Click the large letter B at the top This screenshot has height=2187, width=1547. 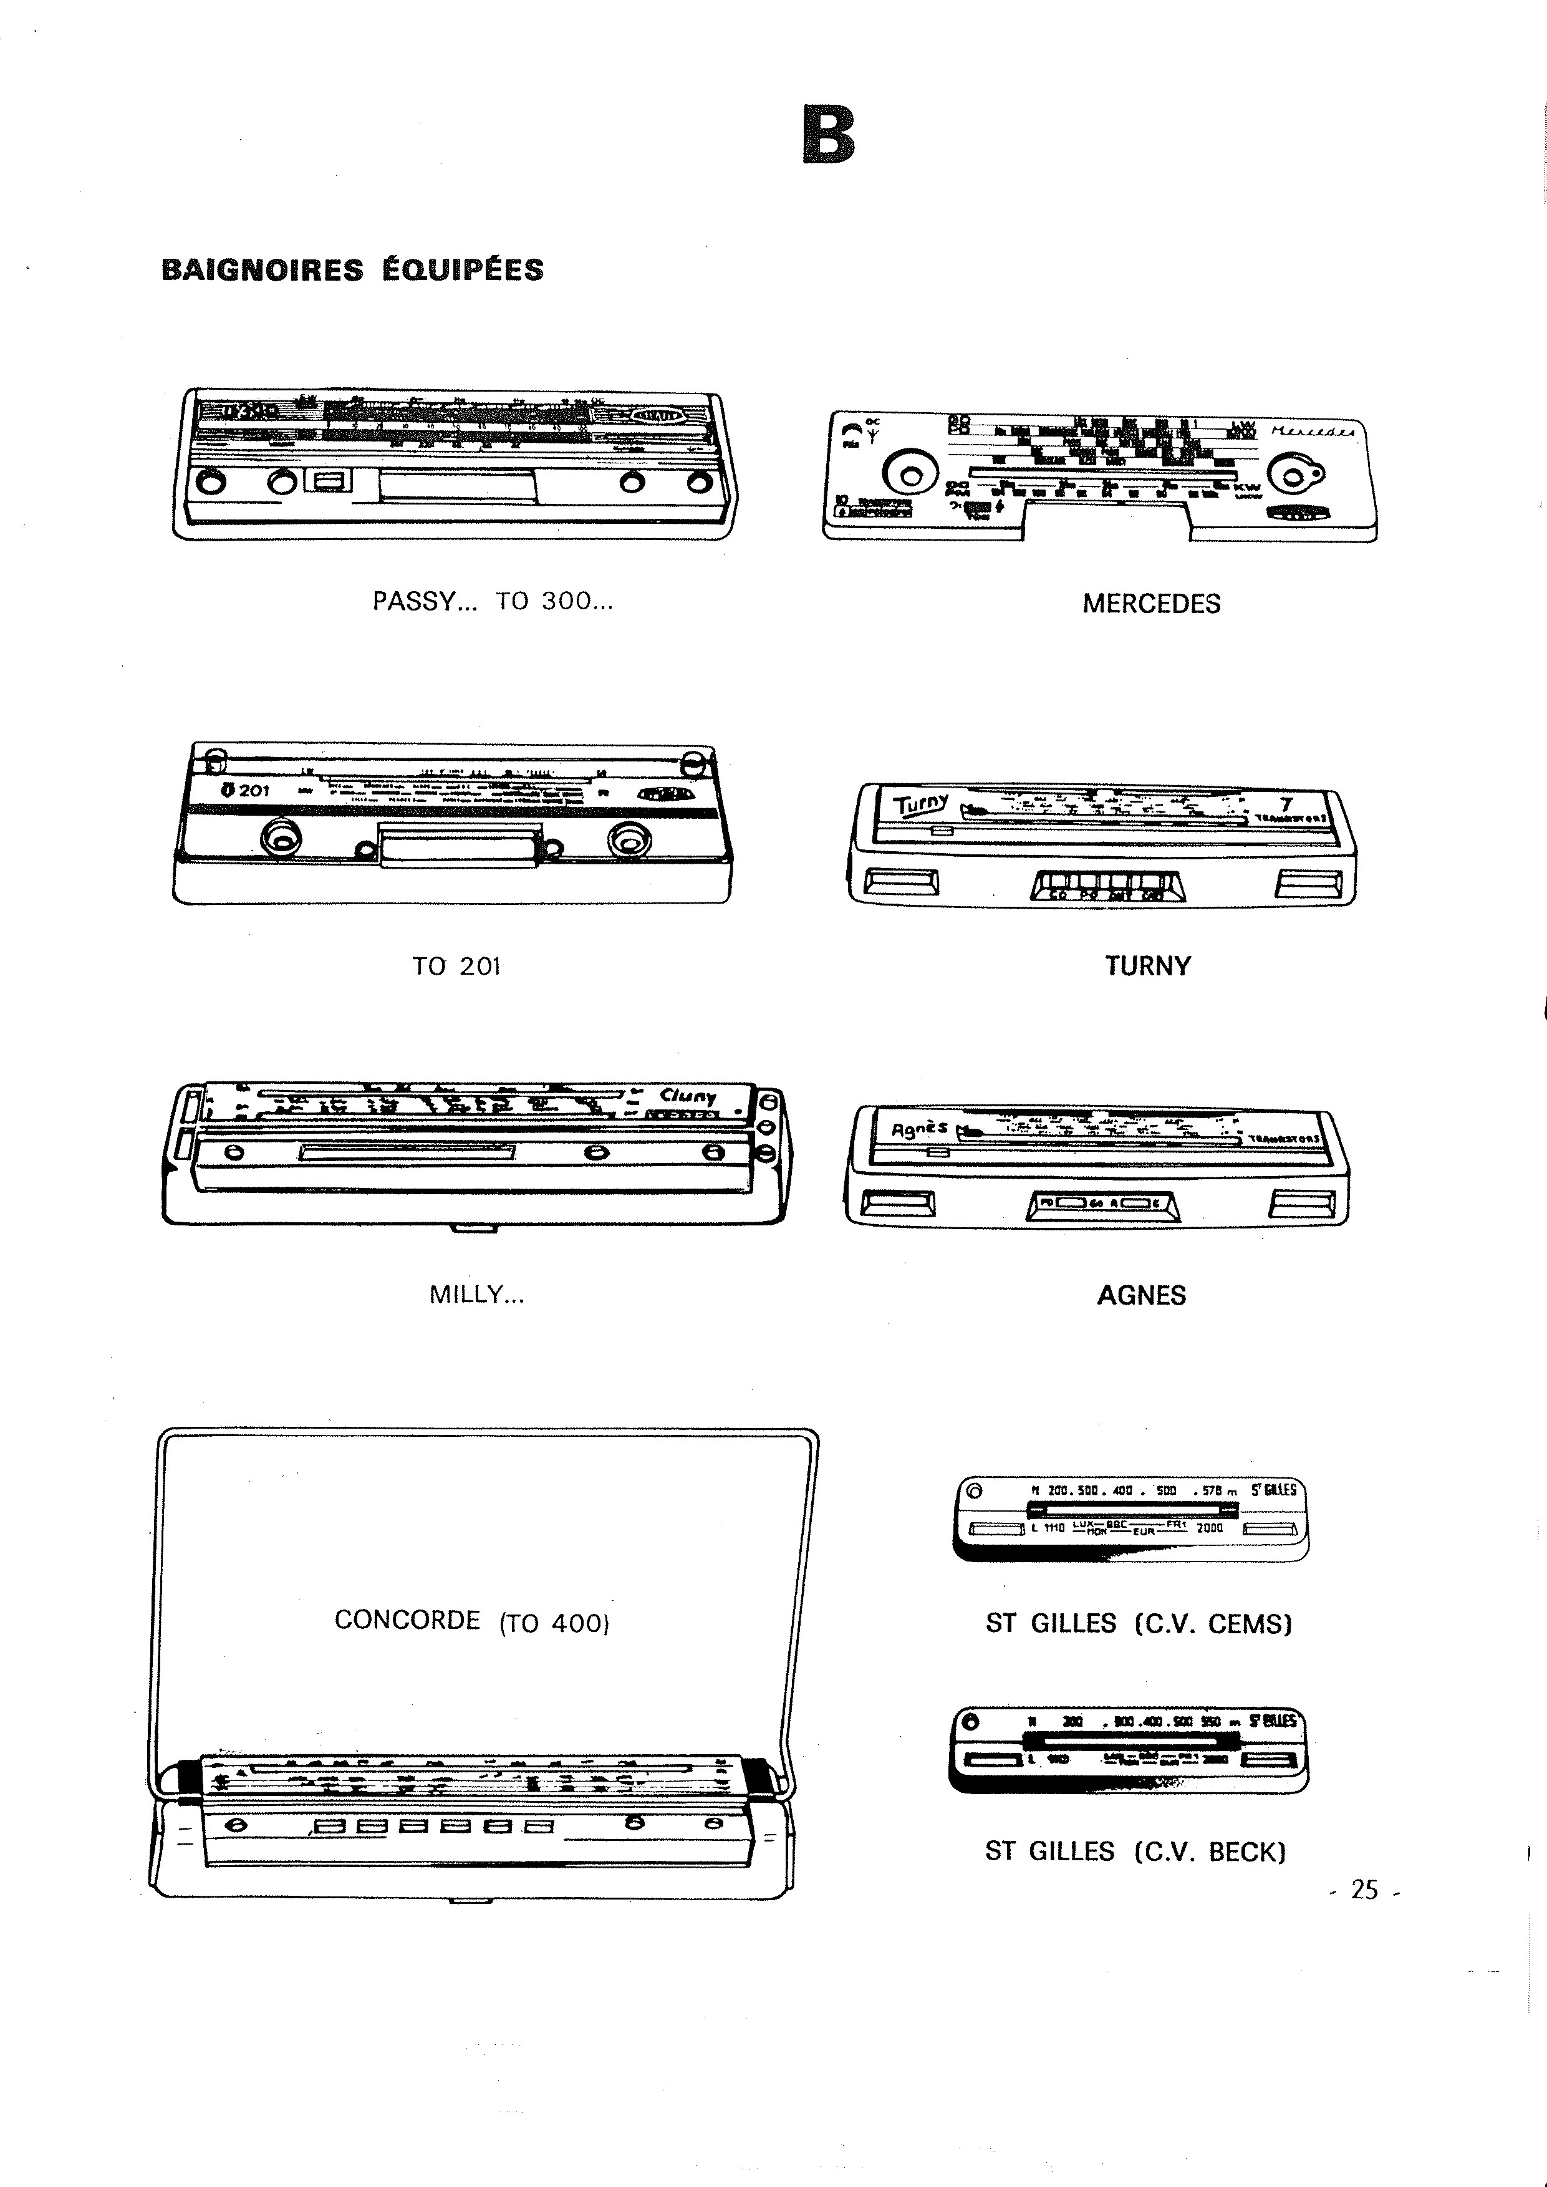829,135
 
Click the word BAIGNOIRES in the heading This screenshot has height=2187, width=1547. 262,271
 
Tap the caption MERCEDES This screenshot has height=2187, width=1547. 1150,604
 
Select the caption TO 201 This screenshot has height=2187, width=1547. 456,967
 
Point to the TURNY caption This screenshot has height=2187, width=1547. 1147,966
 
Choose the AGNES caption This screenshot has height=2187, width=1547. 1141,1295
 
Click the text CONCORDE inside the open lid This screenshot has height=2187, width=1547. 407,1620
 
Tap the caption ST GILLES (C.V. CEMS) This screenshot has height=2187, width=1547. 1139,1623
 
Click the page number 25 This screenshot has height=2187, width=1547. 1364,1890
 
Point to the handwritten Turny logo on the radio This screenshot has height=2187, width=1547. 920,805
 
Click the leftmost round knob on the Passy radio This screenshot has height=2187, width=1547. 211,483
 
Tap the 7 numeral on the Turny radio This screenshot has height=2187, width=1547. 1286,805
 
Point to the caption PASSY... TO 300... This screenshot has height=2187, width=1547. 493,602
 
